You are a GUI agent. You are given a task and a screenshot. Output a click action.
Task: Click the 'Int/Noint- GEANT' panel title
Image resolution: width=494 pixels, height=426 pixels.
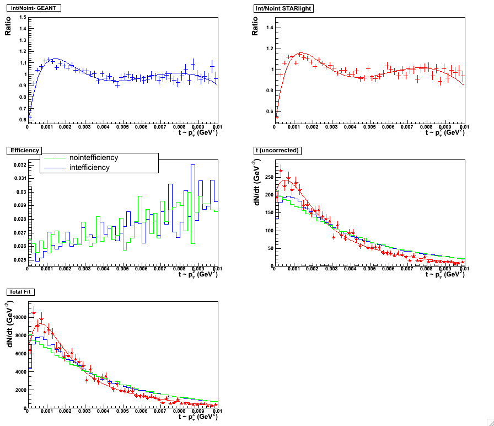[33, 7]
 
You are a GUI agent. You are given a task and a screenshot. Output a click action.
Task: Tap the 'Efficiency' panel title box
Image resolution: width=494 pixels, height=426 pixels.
[22, 150]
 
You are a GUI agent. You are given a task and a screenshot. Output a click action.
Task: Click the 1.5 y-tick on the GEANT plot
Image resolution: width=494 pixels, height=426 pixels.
[22, 17]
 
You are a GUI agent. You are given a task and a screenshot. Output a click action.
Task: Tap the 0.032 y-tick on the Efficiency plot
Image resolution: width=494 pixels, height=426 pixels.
[19, 165]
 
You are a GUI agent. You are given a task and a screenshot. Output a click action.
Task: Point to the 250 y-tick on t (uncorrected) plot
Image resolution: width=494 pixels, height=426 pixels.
[269, 177]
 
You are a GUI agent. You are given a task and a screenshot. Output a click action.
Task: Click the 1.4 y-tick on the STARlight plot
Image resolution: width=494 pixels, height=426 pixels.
[270, 27]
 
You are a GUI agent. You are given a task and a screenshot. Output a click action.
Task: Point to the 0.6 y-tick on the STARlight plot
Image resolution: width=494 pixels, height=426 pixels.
[270, 111]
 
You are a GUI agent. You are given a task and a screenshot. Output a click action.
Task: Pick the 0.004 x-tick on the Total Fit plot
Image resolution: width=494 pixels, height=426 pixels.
[103, 412]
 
